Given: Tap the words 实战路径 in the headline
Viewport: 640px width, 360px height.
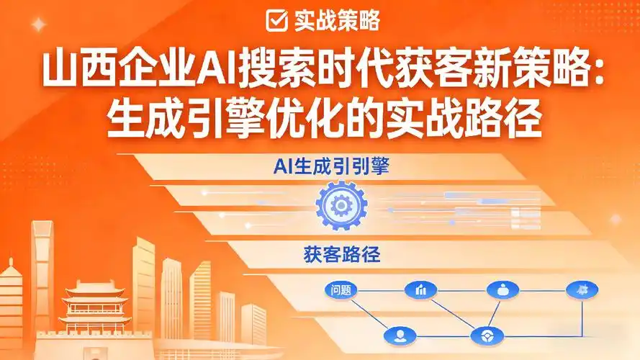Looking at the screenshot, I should [477, 119].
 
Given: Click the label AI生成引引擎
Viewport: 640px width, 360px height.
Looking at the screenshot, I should [336, 167].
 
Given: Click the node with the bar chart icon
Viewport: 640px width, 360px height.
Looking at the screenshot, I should [420, 291].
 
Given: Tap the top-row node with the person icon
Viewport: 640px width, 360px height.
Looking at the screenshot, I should [502, 290].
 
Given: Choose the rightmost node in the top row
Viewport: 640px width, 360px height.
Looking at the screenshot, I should [582, 290].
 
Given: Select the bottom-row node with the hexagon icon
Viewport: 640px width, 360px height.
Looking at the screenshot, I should [483, 335].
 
